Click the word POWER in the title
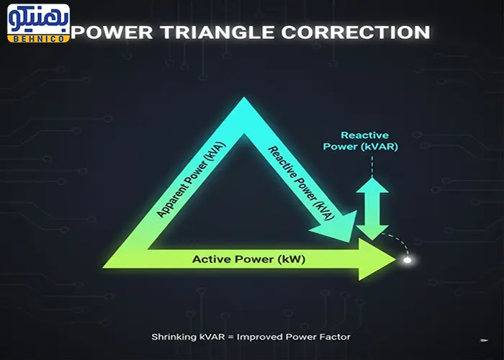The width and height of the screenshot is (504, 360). [x=112, y=32]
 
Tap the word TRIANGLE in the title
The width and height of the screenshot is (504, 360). [x=217, y=32]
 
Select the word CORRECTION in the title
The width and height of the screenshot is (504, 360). [x=356, y=32]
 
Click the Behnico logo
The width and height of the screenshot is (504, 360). [x=39, y=24]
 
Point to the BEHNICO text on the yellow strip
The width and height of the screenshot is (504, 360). [x=39, y=39]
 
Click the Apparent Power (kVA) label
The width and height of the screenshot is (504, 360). [x=192, y=179]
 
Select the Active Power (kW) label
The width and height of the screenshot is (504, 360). [x=249, y=259]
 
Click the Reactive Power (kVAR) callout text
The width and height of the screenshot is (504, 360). [x=361, y=141]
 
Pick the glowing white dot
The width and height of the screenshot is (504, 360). [x=408, y=260]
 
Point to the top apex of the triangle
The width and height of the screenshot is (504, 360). [x=244, y=97]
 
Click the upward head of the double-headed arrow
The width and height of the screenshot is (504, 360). [x=372, y=185]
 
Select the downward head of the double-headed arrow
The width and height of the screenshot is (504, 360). [x=372, y=232]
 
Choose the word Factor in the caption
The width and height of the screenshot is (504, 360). [x=335, y=337]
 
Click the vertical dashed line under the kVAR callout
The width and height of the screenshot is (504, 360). [x=372, y=166]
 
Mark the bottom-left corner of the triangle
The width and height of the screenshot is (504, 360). [x=103, y=267]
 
